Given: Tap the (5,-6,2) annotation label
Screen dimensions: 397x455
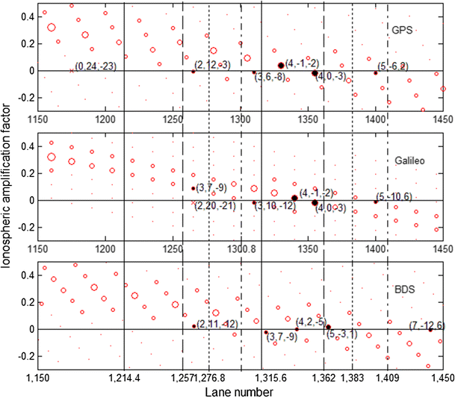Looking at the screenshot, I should [392, 66].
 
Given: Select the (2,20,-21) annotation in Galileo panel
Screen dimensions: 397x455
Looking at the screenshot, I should [217, 206].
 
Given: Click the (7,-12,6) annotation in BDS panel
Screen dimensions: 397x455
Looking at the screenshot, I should [428, 325].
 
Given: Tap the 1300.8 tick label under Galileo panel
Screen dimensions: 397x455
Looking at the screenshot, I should [241, 248].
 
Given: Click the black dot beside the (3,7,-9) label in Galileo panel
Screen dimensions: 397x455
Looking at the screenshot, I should [193, 189].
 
